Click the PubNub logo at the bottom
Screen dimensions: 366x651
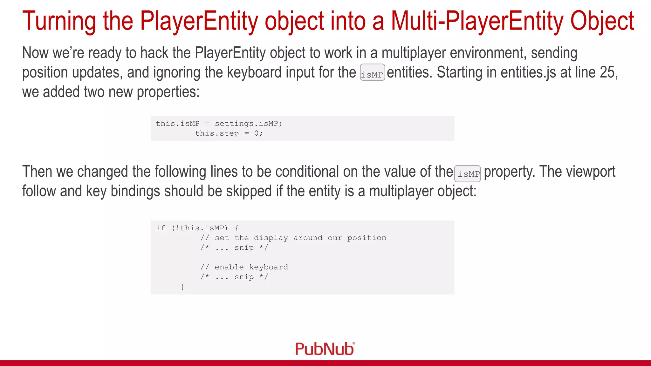pyautogui.click(x=325, y=349)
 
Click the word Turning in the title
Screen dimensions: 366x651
pyautogui.click(x=59, y=21)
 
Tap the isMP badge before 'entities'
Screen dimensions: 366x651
pyautogui.click(x=372, y=73)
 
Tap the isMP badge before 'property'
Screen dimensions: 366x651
pyautogui.click(x=467, y=174)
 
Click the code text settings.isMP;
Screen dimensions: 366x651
pyautogui.click(x=249, y=124)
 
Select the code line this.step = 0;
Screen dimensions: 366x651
pyautogui.click(x=229, y=133)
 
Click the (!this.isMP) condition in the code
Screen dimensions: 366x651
pyautogui.click(x=200, y=228)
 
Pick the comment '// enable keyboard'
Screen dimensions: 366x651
pyautogui.click(x=244, y=267)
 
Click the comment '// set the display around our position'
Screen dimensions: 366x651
pyautogui.click(x=293, y=238)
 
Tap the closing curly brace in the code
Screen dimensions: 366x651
pyautogui.click(x=182, y=287)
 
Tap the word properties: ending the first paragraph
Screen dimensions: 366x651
pyautogui.click(x=168, y=92)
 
